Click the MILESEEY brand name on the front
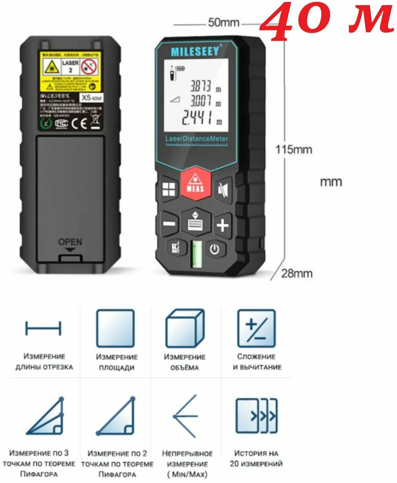pyautogui.click(x=195, y=52)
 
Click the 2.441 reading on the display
pyautogui.click(x=198, y=118)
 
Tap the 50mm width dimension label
pyautogui.click(x=224, y=23)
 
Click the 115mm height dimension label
pyautogui.click(x=294, y=150)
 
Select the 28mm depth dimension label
pyautogui.click(x=297, y=273)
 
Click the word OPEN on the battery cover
pyautogui.click(x=70, y=242)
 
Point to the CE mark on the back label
pyautogui.click(x=79, y=123)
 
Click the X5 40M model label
pyautogui.click(x=91, y=98)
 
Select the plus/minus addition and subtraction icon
pyautogui.click(x=256, y=328)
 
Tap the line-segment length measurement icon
pyautogui.click(x=43, y=328)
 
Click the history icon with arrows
pyautogui.click(x=256, y=416)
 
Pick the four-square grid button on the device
pyautogui.click(x=169, y=190)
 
